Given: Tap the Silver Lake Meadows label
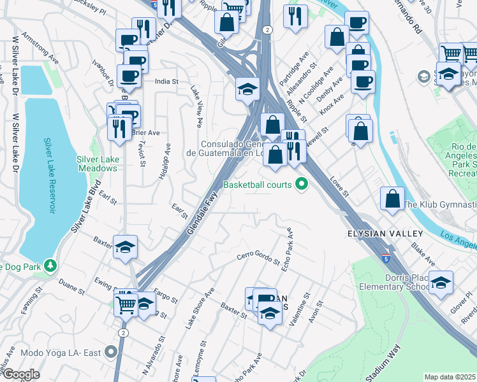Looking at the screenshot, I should click(98, 164).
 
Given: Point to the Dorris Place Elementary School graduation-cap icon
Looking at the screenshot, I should click(441, 283).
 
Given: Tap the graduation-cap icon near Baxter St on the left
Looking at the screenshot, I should click(126, 248).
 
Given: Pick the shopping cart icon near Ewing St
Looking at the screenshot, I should click(125, 304).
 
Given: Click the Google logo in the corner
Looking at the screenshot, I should click(20, 374).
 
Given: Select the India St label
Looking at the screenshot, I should click(167, 81).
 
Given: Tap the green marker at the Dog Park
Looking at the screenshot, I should click(48, 265).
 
